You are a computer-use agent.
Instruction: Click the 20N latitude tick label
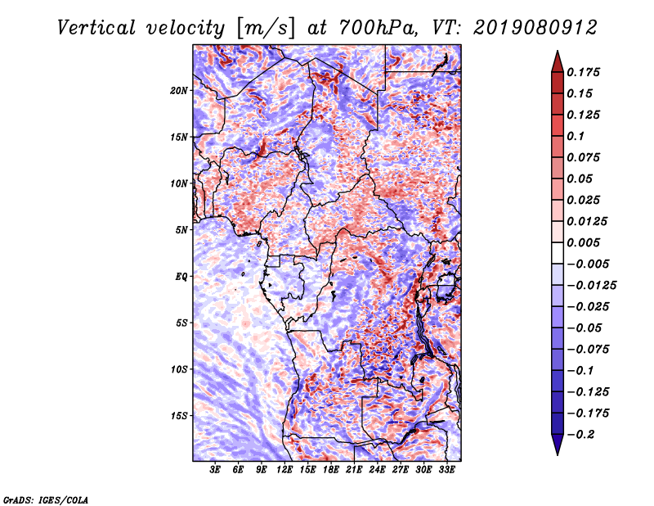point(179,90)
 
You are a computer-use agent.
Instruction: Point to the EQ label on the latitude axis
point(181,276)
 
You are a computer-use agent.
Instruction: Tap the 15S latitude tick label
point(179,415)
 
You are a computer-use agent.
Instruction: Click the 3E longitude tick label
point(216,470)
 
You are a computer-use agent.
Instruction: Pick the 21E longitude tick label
point(354,470)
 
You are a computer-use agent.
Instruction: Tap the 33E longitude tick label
point(446,470)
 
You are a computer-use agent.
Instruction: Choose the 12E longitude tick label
point(284,470)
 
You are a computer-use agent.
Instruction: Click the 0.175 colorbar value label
point(585,72)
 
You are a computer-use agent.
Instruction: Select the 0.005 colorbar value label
point(585,243)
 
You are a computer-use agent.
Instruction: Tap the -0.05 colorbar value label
point(585,328)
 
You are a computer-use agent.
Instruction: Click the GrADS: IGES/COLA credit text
point(46,499)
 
